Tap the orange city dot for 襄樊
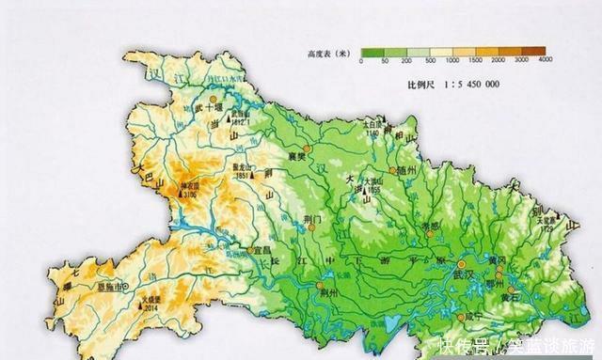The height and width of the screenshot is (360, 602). coord(307,148)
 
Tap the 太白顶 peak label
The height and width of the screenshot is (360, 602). coord(372,124)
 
